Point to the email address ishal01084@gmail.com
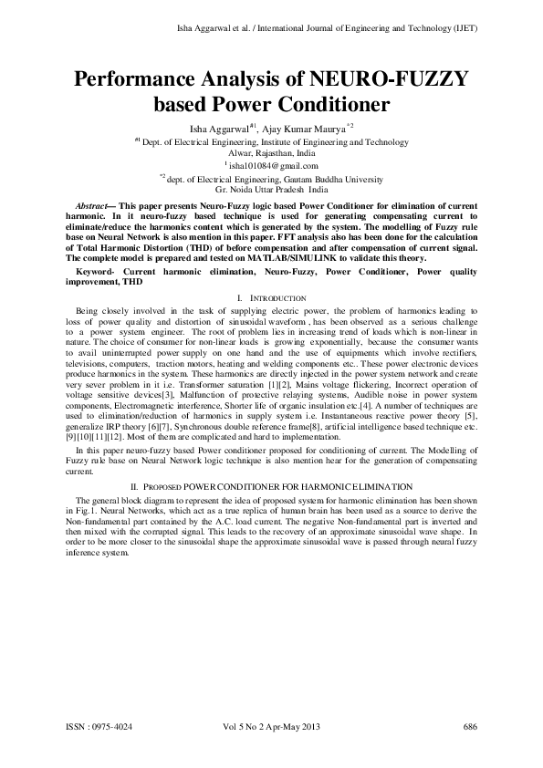274,166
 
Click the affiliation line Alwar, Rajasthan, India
271,154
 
